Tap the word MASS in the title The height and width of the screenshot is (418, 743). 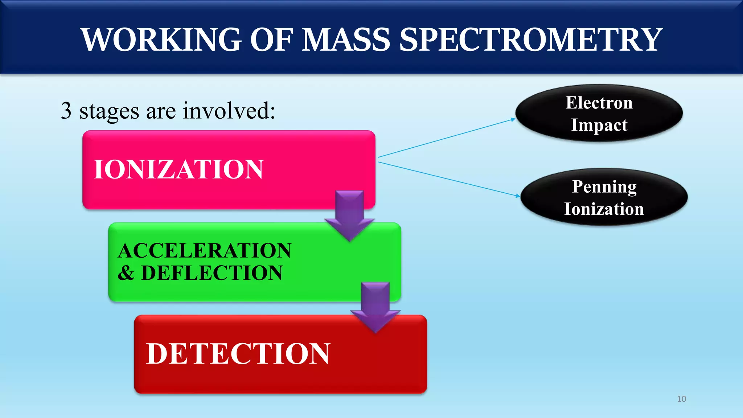pos(346,40)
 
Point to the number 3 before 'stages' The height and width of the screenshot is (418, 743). pos(66,111)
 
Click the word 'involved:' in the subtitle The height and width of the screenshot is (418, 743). pos(229,111)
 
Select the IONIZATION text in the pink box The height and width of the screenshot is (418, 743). pos(178,169)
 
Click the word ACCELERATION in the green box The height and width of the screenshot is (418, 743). pos(205,251)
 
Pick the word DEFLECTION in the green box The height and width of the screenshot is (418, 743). pos(212,273)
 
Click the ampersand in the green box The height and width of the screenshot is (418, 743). pos(126,273)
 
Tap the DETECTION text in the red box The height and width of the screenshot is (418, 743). pos(238,354)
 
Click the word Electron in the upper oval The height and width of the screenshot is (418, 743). pos(599,103)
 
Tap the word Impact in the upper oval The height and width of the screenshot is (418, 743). pos(599,125)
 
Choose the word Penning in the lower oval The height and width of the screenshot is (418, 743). pos(604,187)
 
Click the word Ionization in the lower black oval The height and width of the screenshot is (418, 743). pos(604,209)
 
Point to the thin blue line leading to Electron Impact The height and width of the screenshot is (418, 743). pos(446,138)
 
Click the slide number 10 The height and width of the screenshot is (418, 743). pos(681,399)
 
